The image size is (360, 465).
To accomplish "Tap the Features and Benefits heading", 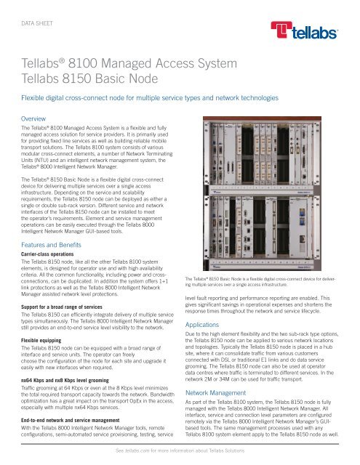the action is (x=59, y=226).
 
